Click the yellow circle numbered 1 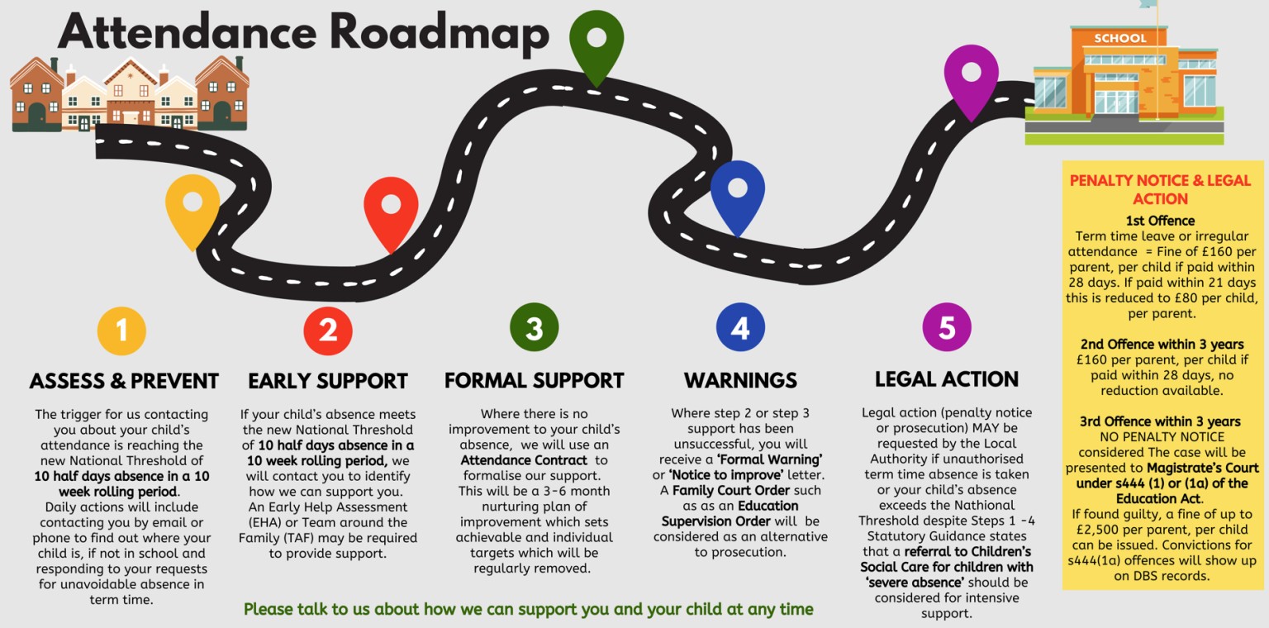click(x=121, y=330)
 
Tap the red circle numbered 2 click(x=328, y=330)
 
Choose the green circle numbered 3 click(x=534, y=328)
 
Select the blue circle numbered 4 click(x=740, y=328)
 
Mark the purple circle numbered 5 click(x=947, y=328)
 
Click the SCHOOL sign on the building click(x=1120, y=38)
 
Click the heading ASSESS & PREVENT click(x=124, y=381)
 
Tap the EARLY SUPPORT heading click(x=328, y=381)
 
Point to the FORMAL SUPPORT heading click(x=534, y=380)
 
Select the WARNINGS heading click(x=740, y=380)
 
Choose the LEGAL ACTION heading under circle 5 click(x=947, y=379)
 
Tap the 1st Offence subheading click(x=1160, y=221)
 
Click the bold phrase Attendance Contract click(x=524, y=460)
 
